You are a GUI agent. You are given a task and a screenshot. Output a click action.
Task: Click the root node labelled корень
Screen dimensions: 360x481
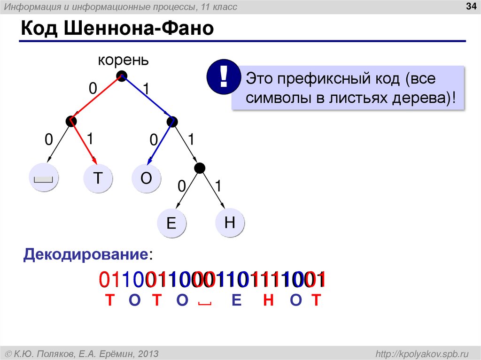tap(122, 76)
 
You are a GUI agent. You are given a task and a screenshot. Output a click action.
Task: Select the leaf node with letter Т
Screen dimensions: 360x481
tap(98, 178)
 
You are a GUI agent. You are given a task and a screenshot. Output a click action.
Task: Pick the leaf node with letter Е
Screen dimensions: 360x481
tap(171, 222)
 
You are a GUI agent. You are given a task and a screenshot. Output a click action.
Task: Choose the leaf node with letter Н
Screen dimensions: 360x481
tap(230, 222)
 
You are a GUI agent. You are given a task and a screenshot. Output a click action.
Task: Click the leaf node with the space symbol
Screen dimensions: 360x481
tap(43, 178)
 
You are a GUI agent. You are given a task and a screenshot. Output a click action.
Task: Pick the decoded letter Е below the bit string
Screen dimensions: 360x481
tap(236, 300)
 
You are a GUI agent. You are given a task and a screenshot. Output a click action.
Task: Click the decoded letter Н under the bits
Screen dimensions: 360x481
tap(268, 300)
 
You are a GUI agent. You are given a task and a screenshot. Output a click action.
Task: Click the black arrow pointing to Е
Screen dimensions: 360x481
tap(187, 190)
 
